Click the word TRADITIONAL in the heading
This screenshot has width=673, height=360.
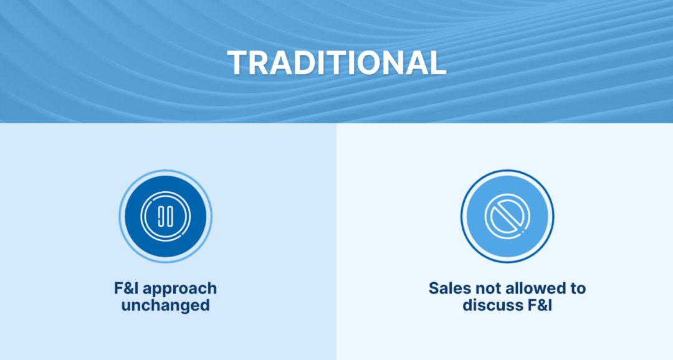click(x=336, y=62)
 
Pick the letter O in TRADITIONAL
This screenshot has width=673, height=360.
click(x=369, y=62)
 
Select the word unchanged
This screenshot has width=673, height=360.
click(x=165, y=306)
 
